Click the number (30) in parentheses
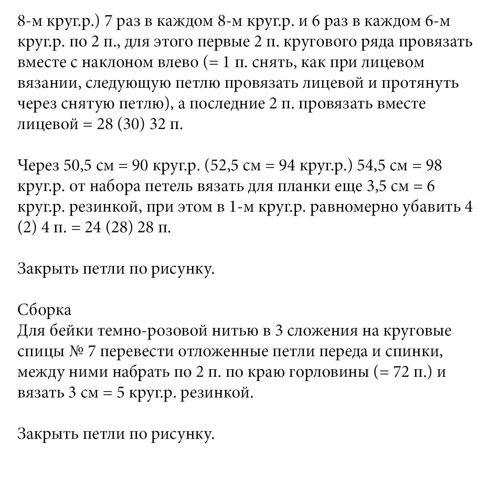(130, 125)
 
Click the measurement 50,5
(76, 166)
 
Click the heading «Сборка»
(44, 310)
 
